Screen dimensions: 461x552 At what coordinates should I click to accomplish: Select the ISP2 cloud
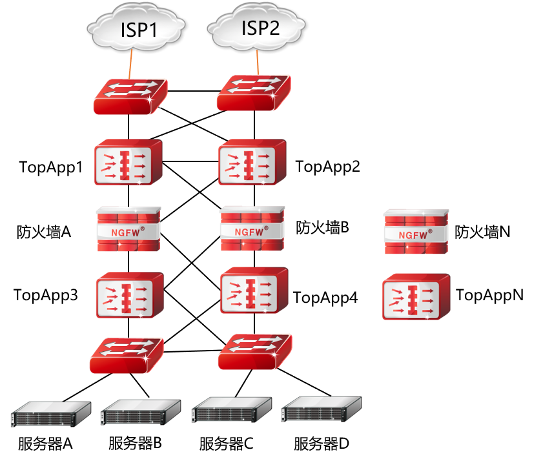click(x=258, y=28)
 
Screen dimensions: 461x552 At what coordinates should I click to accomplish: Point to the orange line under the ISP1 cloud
click(x=131, y=64)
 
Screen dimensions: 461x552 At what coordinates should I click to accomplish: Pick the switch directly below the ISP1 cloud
click(x=130, y=96)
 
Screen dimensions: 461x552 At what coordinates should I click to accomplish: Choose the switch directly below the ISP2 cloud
click(x=252, y=93)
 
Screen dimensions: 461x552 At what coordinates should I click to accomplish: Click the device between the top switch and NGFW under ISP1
click(x=128, y=163)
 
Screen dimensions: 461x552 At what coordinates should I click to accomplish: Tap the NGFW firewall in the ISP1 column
click(x=128, y=229)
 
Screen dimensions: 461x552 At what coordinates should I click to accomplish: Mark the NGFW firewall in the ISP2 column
click(x=252, y=229)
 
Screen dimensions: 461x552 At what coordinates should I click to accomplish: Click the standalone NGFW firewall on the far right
click(x=416, y=232)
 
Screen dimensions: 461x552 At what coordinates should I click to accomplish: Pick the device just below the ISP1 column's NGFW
click(x=130, y=296)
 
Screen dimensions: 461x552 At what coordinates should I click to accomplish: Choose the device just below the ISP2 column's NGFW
click(x=254, y=291)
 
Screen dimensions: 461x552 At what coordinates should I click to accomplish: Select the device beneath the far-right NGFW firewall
click(x=416, y=297)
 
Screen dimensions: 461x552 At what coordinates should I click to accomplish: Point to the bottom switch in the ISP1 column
click(x=127, y=355)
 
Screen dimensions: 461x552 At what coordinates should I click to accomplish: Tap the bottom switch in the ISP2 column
click(x=254, y=352)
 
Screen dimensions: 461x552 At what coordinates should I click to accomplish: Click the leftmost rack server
click(x=50, y=413)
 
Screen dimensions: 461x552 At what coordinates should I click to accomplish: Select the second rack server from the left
click(x=139, y=412)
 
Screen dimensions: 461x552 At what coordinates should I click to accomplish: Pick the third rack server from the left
click(x=230, y=410)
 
